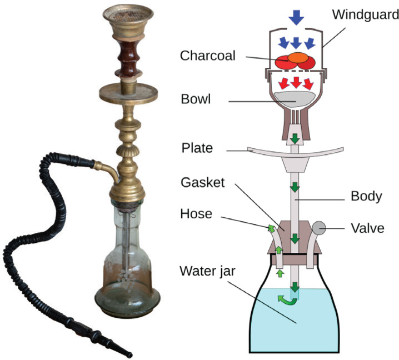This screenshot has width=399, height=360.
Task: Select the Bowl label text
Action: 195,101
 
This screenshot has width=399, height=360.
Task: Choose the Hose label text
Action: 197,214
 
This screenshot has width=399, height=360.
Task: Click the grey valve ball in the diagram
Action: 321,227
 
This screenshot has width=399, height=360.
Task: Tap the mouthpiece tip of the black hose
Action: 130,354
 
